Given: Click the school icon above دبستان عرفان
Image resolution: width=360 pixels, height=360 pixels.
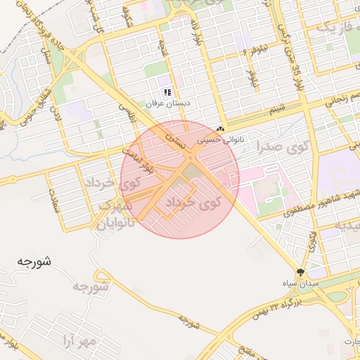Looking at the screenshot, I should [x=167, y=92].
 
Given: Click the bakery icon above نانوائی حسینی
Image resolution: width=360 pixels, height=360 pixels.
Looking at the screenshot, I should [x=221, y=129].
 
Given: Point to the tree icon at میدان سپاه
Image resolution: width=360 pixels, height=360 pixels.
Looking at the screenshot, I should [x=301, y=271].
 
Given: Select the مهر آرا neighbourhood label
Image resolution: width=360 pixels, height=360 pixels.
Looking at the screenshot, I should [x=77, y=342].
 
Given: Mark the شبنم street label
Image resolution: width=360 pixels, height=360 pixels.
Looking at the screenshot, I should [x=277, y=108].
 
